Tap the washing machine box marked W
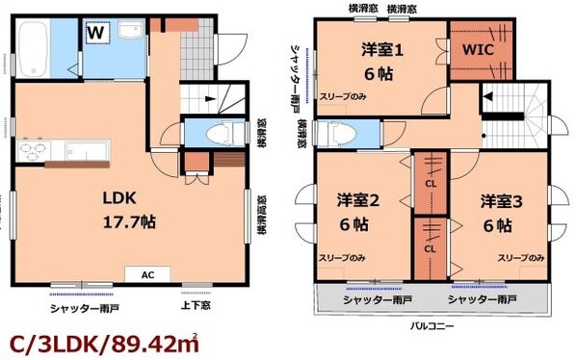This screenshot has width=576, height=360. (95, 33)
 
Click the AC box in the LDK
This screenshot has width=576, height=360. (147, 273)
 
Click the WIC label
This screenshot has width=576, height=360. (481, 48)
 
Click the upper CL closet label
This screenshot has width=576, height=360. (430, 184)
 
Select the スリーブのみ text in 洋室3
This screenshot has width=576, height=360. (521, 258)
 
